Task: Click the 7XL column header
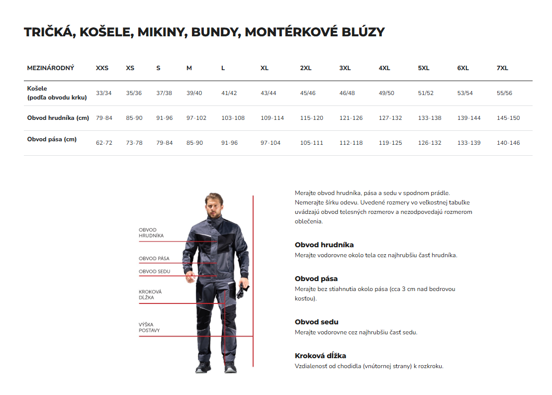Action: (x=502, y=68)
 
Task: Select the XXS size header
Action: (x=102, y=68)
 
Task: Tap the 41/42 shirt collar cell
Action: (x=229, y=93)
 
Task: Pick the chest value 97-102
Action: (x=196, y=118)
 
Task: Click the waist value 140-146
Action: (x=508, y=143)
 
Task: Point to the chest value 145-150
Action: (x=508, y=118)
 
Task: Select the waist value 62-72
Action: (x=104, y=143)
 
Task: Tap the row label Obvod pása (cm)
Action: (x=52, y=139)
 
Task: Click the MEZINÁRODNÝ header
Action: (x=50, y=68)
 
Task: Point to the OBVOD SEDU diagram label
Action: (x=154, y=272)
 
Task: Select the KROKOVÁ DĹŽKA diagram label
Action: (x=150, y=295)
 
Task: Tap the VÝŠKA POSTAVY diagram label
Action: (x=149, y=327)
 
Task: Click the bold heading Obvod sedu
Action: (x=316, y=322)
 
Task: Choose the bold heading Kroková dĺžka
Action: (x=320, y=356)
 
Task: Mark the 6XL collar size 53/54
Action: (x=465, y=93)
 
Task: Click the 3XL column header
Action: (x=345, y=68)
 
